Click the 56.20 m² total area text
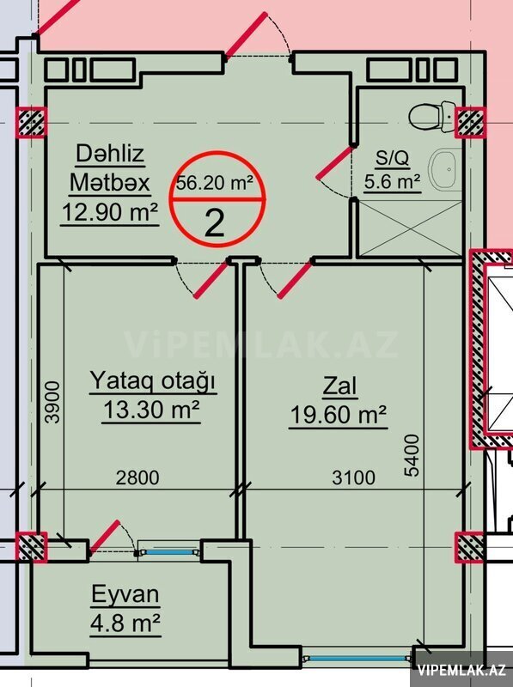(x=215, y=183)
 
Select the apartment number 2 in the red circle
(x=215, y=223)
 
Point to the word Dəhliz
(x=110, y=154)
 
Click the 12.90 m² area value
(x=110, y=212)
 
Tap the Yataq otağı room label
(x=153, y=380)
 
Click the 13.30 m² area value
(x=151, y=410)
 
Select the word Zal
(x=339, y=386)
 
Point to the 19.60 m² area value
(x=338, y=414)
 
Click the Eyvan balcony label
(x=125, y=594)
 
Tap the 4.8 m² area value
(x=125, y=623)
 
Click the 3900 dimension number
(x=52, y=402)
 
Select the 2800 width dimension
(x=137, y=477)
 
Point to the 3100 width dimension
(x=353, y=477)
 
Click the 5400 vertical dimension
(x=412, y=455)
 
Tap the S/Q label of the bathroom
(x=393, y=158)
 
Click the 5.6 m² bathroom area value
(x=393, y=181)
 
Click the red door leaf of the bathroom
(x=335, y=163)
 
